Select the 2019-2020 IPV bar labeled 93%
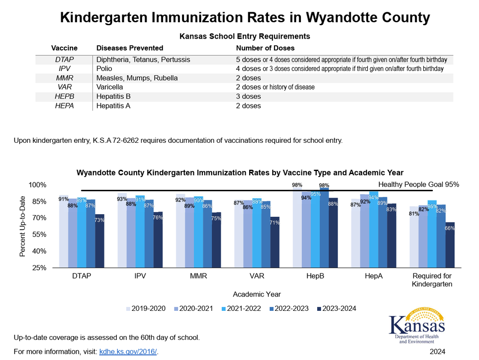pyautogui.click(x=122, y=231)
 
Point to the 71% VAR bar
pyautogui.click(x=274, y=243)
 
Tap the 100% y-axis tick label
pyautogui.click(x=37, y=185)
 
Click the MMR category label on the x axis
pyautogui.click(x=198, y=276)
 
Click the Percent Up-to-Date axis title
pyautogui.click(x=23, y=226)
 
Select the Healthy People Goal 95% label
pyautogui.click(x=418, y=184)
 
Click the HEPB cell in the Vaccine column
pyautogui.click(x=64, y=97)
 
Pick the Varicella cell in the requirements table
pyautogui.click(x=110, y=87)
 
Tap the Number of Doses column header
pyautogui.click(x=265, y=48)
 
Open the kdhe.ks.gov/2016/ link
pyautogui.click(x=128, y=351)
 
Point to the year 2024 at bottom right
pyautogui.click(x=437, y=351)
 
